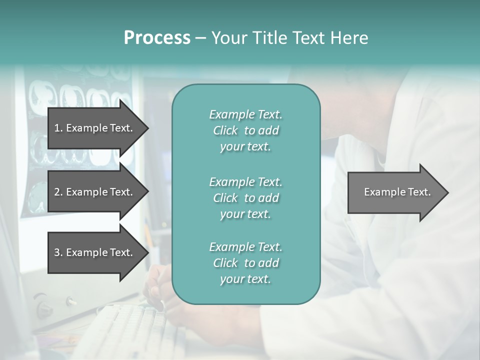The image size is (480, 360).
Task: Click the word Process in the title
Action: (157, 38)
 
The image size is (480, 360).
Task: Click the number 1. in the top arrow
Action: (58, 128)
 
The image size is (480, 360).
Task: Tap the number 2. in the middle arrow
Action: (58, 192)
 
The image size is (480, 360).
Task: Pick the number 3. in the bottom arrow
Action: (58, 252)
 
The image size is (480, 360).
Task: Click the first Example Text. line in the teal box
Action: (245, 114)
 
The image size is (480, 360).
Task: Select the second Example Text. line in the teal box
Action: (245, 181)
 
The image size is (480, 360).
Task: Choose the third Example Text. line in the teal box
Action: (245, 247)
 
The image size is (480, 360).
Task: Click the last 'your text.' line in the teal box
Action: (245, 279)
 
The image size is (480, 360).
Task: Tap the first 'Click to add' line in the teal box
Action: (245, 130)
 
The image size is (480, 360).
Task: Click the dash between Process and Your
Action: (201, 38)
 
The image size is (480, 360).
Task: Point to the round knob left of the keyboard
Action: (43, 305)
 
